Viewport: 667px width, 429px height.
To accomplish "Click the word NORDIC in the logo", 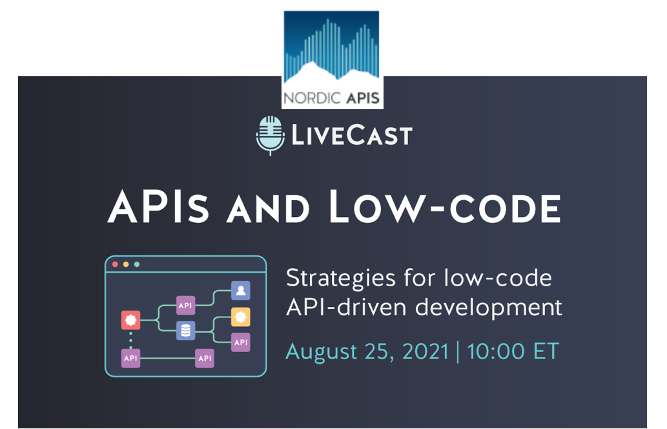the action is pyautogui.click(x=313, y=98).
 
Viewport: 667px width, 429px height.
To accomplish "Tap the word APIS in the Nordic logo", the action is pyautogui.click(x=363, y=98).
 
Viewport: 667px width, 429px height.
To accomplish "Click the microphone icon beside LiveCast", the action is pyautogui.click(x=270, y=135).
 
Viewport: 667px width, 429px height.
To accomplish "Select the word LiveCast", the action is pyautogui.click(x=352, y=135).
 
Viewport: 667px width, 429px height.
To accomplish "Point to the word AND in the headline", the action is pyautogui.click(x=268, y=209).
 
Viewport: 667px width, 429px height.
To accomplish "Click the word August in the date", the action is pyautogui.click(x=321, y=352).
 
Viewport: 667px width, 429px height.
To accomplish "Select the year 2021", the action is pyautogui.click(x=426, y=351).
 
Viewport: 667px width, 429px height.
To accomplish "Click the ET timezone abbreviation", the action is pyautogui.click(x=546, y=351).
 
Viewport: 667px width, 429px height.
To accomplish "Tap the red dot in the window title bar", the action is pyautogui.click(x=115, y=264).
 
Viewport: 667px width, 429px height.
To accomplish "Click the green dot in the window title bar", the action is pyautogui.click(x=137, y=264).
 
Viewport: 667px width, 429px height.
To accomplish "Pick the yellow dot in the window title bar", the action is pyautogui.click(x=126, y=264).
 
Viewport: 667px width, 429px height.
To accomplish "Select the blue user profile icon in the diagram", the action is pyautogui.click(x=241, y=291).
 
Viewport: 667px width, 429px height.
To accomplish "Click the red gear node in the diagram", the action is pyautogui.click(x=130, y=320).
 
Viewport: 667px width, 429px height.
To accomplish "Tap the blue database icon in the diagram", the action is pyautogui.click(x=186, y=330).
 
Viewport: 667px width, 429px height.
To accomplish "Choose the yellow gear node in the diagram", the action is pyautogui.click(x=241, y=317).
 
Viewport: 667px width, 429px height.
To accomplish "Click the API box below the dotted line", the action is pyautogui.click(x=130, y=359).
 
